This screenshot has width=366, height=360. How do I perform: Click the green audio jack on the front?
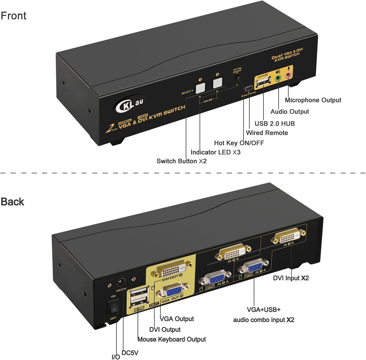click(278, 78)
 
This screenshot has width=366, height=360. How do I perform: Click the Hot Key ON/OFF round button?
click(238, 78)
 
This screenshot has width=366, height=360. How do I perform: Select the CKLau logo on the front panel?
click(129, 104)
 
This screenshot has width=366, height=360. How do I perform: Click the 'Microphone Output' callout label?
click(313, 100)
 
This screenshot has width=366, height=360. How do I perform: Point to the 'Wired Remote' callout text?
click(267, 133)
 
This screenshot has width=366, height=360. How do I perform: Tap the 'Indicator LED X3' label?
click(215, 152)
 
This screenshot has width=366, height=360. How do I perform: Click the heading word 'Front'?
click(14, 16)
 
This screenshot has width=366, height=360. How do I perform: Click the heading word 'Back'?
click(12, 202)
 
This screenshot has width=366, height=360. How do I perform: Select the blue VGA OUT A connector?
click(173, 291)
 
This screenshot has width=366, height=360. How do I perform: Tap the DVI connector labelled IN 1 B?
click(289, 237)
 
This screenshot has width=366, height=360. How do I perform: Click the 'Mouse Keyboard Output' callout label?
click(172, 339)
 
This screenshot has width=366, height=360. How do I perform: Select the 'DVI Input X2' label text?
click(291, 278)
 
